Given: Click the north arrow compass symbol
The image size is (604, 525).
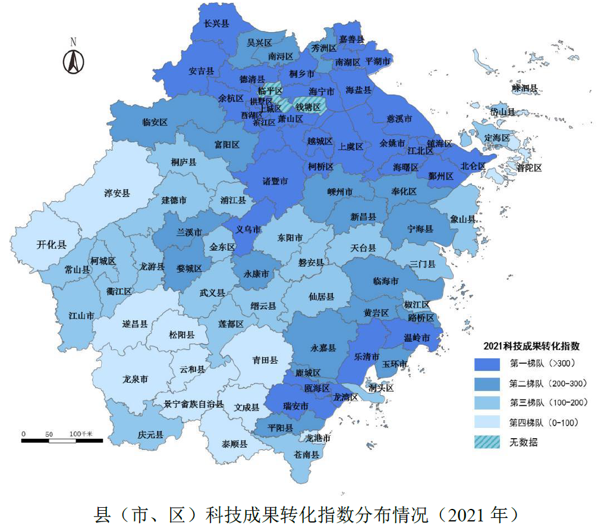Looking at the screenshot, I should pos(74,58).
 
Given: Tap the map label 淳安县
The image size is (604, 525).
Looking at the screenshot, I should pos(117,193).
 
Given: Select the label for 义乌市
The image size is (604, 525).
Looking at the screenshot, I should pos(249,229).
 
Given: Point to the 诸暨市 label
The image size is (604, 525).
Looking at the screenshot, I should pos(275,181).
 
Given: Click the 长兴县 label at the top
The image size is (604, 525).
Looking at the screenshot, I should pos(216,24).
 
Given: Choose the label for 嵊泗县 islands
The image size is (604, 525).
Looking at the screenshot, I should pos(524,88).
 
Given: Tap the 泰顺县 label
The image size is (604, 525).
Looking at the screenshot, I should pos(234,443).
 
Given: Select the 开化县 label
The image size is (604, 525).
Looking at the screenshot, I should pos(52,244).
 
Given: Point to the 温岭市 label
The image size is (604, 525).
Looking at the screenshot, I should pos(416,337).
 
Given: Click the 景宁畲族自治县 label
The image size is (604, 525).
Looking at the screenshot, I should pos(194,404).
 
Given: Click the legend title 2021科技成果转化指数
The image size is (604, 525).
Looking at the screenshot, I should pos(531,346).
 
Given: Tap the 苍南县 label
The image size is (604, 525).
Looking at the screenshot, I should pos(307,454).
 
